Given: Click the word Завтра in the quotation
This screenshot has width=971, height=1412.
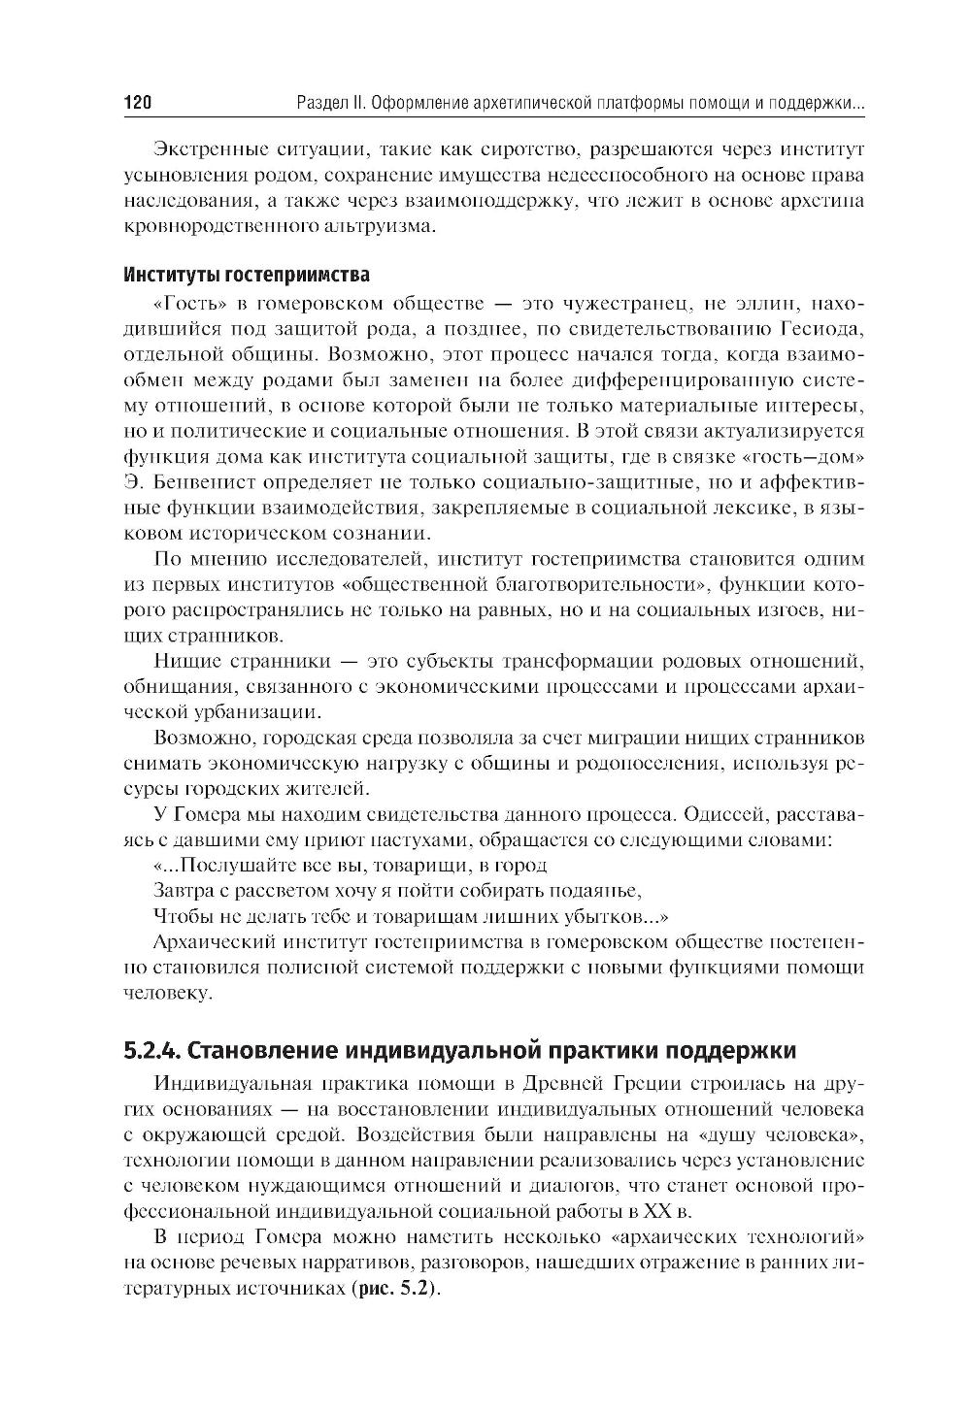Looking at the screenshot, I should click(x=180, y=891).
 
